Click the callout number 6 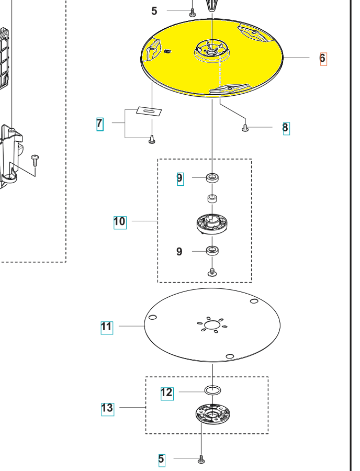coord(322,58)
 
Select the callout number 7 coord(99,124)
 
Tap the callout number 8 coord(285,128)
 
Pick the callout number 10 coord(119,221)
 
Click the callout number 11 coord(106,327)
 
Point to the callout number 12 coord(166,392)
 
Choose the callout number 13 coord(107,408)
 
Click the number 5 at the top coord(154,11)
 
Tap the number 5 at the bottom coord(161,459)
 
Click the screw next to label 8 coord(245,128)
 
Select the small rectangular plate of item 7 coord(150,110)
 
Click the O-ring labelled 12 coord(212,390)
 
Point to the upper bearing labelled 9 coord(212,178)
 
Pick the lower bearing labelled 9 coord(212,251)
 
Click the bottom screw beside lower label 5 coord(201,459)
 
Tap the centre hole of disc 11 coord(212,326)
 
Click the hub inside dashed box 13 coord(212,415)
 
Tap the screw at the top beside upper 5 coord(192,12)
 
